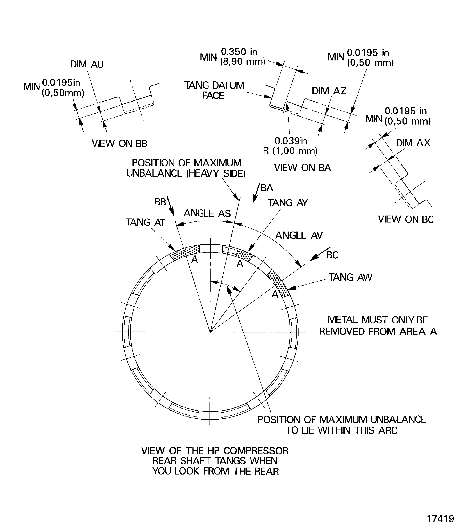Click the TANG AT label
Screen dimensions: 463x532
click(x=145, y=222)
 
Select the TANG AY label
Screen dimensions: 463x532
click(x=288, y=203)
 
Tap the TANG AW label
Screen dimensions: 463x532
click(x=350, y=277)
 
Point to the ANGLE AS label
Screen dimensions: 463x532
click(x=207, y=213)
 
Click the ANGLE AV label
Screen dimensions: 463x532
click(x=299, y=235)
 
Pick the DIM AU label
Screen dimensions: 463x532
click(x=87, y=64)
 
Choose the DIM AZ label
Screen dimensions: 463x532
click(x=329, y=91)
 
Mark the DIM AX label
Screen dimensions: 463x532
click(x=413, y=143)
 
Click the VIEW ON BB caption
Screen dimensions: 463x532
click(x=119, y=143)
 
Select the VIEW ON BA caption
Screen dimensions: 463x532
click(x=303, y=168)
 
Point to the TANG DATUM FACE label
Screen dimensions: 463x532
click(x=214, y=90)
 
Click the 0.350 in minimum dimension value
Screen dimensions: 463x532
click(x=239, y=52)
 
